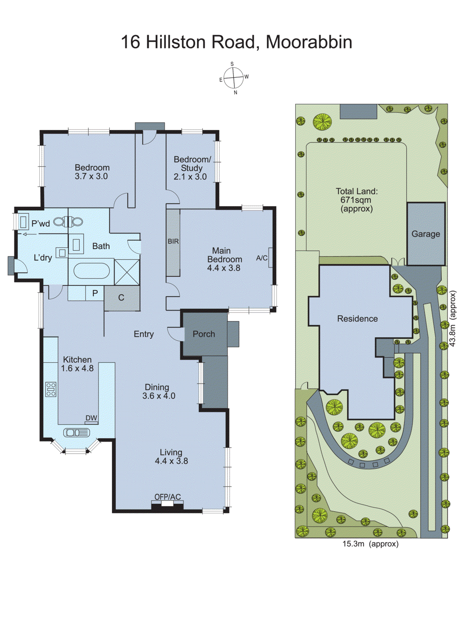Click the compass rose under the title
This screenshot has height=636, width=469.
(234, 78)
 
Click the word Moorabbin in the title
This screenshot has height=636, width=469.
(309, 42)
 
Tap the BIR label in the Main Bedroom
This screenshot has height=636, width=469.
(173, 241)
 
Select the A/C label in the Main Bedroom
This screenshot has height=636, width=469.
(262, 258)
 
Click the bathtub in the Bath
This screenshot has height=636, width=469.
(91, 271)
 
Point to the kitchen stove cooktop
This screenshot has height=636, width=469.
(51, 389)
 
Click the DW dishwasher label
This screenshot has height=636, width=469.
(91, 418)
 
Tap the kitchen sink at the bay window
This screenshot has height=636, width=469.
(76, 432)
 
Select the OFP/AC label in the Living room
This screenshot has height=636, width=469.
(167, 497)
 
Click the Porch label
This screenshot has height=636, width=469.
(204, 334)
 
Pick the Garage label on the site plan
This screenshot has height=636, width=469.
(426, 234)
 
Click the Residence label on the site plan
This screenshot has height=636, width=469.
(357, 318)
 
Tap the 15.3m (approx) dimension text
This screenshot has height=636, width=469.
(370, 544)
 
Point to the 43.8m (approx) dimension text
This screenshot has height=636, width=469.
(453, 318)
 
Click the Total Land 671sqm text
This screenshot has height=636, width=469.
(356, 200)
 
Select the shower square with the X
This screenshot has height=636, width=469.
(127, 272)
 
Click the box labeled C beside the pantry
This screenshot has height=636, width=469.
(122, 298)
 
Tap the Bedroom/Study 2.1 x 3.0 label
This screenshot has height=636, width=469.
(191, 168)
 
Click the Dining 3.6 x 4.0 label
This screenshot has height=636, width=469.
(158, 391)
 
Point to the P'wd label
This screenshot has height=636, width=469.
(41, 223)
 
